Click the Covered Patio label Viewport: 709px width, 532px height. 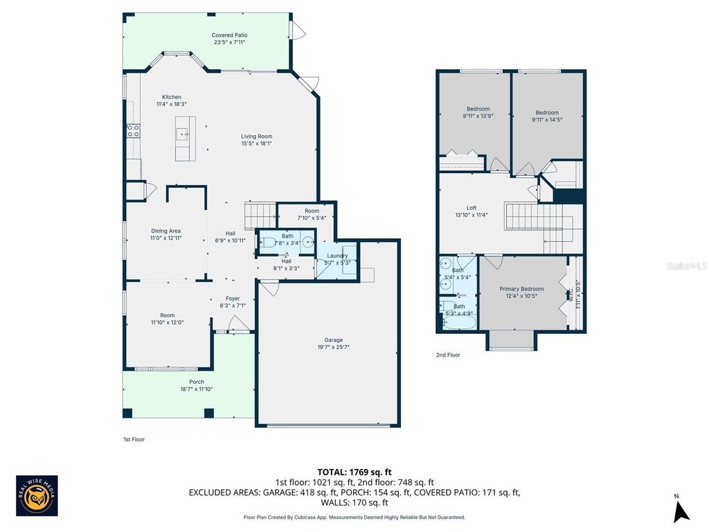coord(230,35)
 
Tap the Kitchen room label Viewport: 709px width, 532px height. coord(172,97)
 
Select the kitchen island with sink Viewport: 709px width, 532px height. coord(185,139)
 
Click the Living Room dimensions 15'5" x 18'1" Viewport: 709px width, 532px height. coord(256,144)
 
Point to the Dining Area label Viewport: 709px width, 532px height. coord(165,231)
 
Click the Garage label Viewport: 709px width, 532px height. coord(334,339)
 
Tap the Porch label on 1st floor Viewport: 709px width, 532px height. coord(197,382)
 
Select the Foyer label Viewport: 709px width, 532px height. coord(232,299)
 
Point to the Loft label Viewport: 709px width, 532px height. coord(472,207)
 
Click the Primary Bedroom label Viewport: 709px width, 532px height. coord(522,289)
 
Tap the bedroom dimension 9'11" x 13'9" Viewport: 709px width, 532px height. coord(478,116)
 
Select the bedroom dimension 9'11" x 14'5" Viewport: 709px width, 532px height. coord(546,120)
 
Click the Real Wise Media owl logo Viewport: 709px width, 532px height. coord(37,495)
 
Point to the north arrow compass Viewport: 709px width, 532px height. coord(681,510)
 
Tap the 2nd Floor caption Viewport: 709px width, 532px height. coord(447,355)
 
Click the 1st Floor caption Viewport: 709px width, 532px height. coord(134,439)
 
